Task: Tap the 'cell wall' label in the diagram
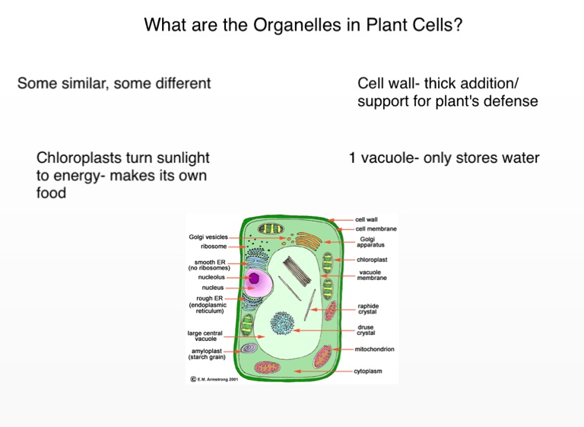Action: [366, 219]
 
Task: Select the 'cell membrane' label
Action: [376, 228]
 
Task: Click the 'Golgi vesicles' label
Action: [208, 237]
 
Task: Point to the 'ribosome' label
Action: [214, 247]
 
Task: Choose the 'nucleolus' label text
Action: [211, 277]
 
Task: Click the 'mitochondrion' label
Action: [374, 349]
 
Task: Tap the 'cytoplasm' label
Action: [368, 371]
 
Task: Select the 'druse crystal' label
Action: [366, 330]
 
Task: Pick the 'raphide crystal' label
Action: [367, 308]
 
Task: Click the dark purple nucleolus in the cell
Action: [254, 279]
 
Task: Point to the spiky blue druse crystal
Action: [283, 324]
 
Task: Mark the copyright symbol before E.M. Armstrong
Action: [192, 378]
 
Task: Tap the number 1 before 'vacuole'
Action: [353, 158]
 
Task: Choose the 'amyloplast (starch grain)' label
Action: [207, 354]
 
